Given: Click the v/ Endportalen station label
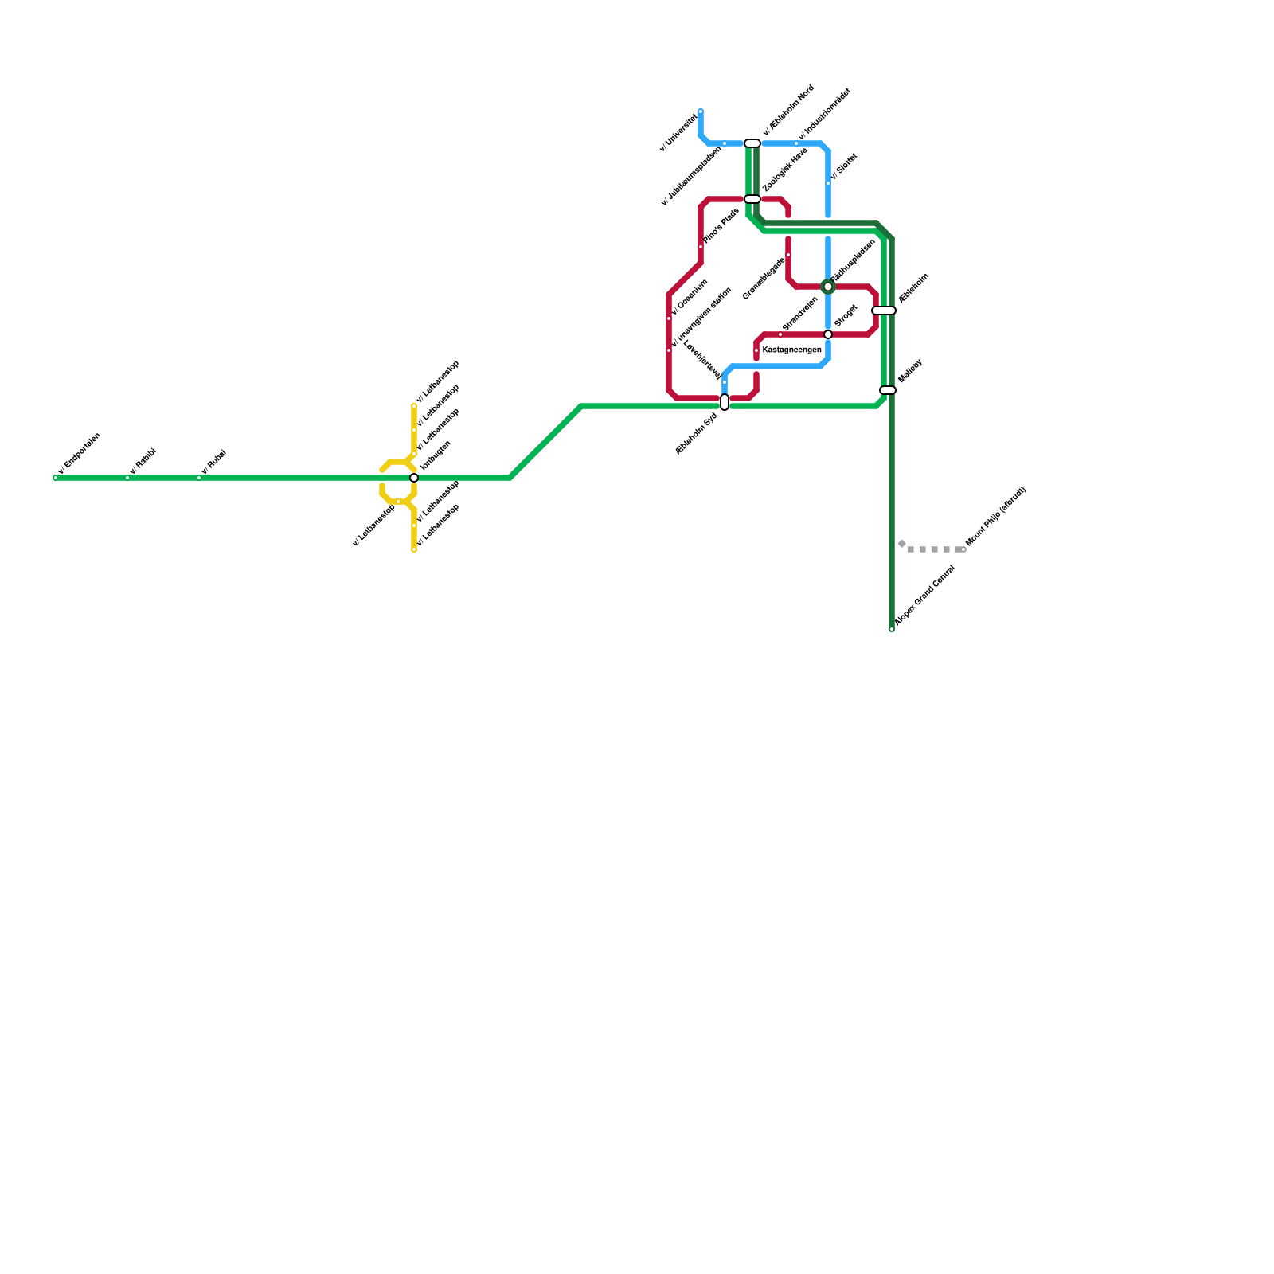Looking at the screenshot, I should click(x=80, y=453).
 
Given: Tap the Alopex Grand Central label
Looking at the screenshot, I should click(x=924, y=596).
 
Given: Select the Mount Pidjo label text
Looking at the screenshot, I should click(x=995, y=517).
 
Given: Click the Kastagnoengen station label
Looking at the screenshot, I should click(x=791, y=350).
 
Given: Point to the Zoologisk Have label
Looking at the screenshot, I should click(x=784, y=170).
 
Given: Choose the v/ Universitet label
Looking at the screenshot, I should click(x=678, y=132).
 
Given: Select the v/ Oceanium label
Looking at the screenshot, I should click(x=690, y=297).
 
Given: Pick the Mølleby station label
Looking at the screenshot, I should click(x=910, y=371).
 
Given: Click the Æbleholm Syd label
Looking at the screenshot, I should click(x=696, y=434).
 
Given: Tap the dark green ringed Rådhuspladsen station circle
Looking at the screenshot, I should click(x=828, y=287).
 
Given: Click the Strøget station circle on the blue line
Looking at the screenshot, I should click(x=828, y=334).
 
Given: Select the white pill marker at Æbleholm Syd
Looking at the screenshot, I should click(x=725, y=402).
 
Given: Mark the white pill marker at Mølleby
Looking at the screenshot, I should click(x=888, y=390).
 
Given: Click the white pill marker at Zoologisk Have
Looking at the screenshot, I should click(x=752, y=199).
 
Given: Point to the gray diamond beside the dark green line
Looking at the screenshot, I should click(x=901, y=544).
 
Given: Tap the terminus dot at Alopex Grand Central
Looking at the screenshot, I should click(x=892, y=629).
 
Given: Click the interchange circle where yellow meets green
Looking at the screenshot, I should click(x=414, y=478).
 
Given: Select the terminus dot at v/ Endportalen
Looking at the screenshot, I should click(x=56, y=478).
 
